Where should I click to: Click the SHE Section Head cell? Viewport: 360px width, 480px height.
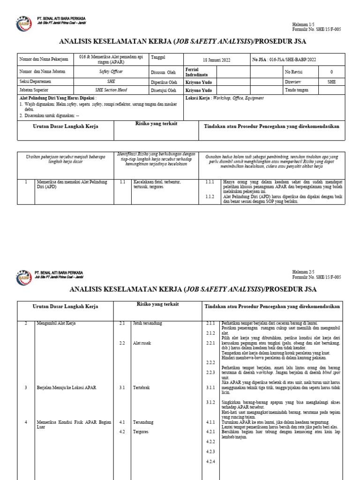(111, 90)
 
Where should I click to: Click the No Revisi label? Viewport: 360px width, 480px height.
(295, 72)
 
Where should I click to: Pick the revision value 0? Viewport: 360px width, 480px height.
(331, 72)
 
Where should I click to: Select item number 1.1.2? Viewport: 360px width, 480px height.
(210, 197)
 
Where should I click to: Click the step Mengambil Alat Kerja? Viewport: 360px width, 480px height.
(56, 323)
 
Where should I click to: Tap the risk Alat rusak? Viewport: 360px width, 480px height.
(141, 343)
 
